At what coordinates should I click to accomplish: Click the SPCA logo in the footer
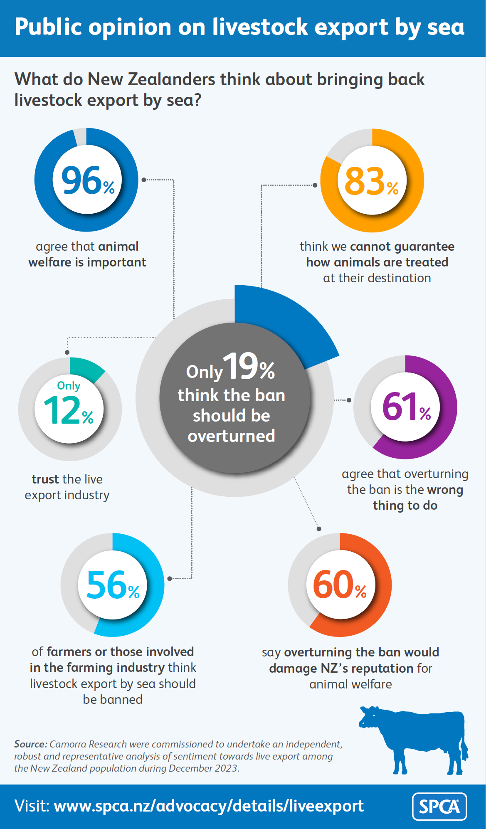click(x=439, y=807)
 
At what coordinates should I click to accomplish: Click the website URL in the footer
click(x=209, y=806)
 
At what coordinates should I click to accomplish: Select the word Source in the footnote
click(x=30, y=744)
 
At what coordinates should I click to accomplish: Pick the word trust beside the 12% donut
click(x=45, y=479)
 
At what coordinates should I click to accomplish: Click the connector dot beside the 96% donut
click(x=143, y=180)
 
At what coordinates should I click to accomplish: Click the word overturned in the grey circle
click(x=231, y=436)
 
